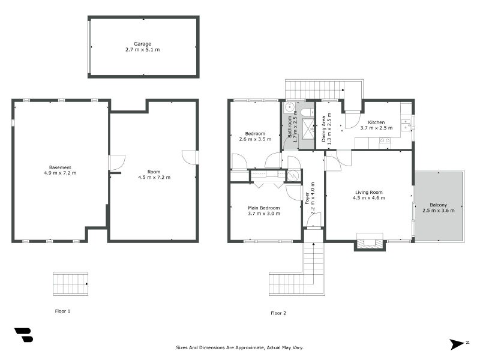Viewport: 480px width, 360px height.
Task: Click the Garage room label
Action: coord(142,44)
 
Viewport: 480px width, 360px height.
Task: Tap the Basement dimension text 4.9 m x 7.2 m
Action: coord(60,173)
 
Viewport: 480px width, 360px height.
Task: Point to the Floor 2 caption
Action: coord(278,313)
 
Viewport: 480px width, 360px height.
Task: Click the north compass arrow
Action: coord(457,344)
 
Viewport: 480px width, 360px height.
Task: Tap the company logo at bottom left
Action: coord(23,335)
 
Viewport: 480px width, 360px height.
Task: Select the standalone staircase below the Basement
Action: coord(70,283)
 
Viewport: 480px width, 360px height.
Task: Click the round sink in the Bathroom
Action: coord(289,109)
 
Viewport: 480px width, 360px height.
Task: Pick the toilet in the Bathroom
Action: coord(305,112)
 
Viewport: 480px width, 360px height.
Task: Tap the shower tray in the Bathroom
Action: coord(307,129)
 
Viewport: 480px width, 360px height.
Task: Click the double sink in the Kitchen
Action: coord(406,124)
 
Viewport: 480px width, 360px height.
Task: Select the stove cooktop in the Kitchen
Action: coord(385,141)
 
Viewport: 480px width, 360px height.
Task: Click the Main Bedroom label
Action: coord(264,208)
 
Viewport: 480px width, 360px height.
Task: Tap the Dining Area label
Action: coord(324,128)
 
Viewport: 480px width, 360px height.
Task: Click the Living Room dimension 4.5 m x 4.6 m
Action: coord(368,198)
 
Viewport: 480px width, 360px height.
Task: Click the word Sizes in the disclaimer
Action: coord(183,347)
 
